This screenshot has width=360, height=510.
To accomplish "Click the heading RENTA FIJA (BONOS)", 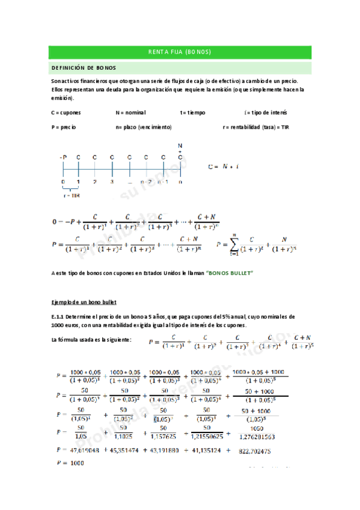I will [x=180, y=52].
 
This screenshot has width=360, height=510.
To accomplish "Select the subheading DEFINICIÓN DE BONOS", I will [x=84, y=68].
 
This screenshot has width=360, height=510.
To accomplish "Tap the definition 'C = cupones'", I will [x=66, y=112].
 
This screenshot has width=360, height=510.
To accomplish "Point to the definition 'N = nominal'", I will [x=130, y=112].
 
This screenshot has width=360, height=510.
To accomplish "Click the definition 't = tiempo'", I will [x=192, y=112].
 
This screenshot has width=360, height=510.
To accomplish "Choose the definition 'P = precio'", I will [x=64, y=127].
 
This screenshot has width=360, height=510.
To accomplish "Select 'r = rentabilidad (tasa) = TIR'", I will [x=255, y=127].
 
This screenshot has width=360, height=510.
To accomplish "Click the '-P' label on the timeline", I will [x=63, y=157].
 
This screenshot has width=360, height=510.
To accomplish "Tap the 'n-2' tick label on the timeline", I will [x=146, y=181].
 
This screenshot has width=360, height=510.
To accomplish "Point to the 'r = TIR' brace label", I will [x=71, y=195].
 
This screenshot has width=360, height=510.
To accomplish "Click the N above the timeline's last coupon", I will [x=180, y=146].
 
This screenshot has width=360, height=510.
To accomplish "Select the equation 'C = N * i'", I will [x=223, y=167].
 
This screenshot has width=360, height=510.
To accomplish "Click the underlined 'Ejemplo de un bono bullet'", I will [x=84, y=301].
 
